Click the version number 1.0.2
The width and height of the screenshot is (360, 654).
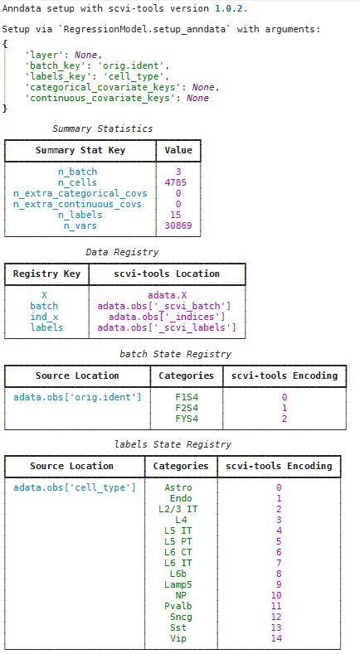point(231,8)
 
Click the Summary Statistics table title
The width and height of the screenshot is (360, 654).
point(103,128)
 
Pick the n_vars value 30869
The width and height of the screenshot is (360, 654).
point(178,225)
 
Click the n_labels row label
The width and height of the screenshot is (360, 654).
point(80,215)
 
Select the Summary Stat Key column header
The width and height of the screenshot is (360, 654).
point(80,150)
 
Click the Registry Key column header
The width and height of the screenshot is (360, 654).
point(46,274)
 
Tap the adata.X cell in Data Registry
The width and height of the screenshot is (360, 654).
point(167,295)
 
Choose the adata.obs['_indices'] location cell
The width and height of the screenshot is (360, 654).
point(167,317)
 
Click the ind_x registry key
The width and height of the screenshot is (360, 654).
point(44,317)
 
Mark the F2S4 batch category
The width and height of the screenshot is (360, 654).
point(187,408)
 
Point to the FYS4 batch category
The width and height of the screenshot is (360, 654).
point(187,419)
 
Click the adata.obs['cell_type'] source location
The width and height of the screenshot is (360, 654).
point(75,487)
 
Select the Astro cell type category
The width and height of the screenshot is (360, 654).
point(178,487)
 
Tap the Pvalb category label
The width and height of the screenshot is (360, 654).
point(178,606)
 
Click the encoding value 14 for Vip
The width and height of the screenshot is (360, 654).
point(276,638)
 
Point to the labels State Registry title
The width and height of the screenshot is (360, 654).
point(173,444)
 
